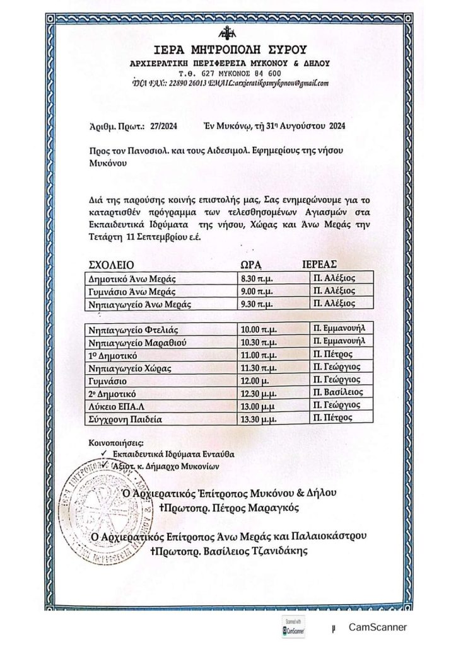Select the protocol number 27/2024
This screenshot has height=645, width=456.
[164, 126]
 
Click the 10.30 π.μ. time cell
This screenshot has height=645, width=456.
[260, 342]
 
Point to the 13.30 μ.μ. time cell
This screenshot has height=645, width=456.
[260, 418]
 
